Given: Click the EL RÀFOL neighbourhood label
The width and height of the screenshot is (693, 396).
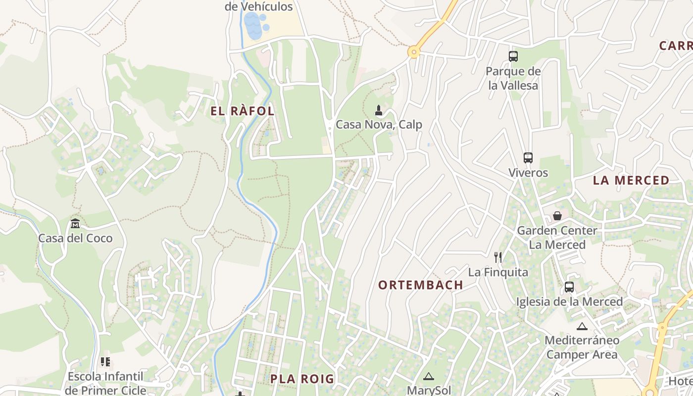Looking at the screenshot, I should pos(243,111).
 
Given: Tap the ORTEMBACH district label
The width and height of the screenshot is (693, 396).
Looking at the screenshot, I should pos(421,285).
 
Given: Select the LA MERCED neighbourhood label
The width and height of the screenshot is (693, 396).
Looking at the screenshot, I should pos(631,181).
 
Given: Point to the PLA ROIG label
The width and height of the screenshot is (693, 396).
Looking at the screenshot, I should pos(302,379).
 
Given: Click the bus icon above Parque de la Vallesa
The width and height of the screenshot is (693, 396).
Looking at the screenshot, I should pos(513,56).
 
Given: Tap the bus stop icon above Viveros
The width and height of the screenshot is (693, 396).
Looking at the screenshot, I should pos(528,158).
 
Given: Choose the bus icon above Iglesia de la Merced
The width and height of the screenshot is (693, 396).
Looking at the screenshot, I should pos(569,287).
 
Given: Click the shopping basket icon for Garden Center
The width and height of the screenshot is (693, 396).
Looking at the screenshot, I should pos(557,216).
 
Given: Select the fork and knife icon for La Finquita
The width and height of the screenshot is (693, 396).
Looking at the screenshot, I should pos(498,257).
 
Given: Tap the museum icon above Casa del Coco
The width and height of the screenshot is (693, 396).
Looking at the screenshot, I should pos(75,224).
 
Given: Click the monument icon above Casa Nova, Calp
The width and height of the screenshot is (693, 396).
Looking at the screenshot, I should pos(379,110).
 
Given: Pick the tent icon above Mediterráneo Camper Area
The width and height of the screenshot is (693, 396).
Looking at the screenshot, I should pos(582,326).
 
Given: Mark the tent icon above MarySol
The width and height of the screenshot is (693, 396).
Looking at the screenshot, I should pos(429,376).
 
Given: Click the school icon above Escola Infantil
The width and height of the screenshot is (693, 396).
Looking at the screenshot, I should pos(105,362).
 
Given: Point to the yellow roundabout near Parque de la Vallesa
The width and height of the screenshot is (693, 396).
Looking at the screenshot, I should pos(414,51).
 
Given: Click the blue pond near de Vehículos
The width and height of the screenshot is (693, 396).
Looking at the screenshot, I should pos(253,26).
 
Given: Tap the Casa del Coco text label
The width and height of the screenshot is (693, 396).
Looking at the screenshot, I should pos(76,239).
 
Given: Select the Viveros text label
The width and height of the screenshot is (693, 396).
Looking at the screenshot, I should pos(528,173).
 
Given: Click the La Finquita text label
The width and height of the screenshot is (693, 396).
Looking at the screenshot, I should pos(498,272).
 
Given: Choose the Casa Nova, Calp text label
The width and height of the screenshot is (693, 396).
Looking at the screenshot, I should pos(379,125).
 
